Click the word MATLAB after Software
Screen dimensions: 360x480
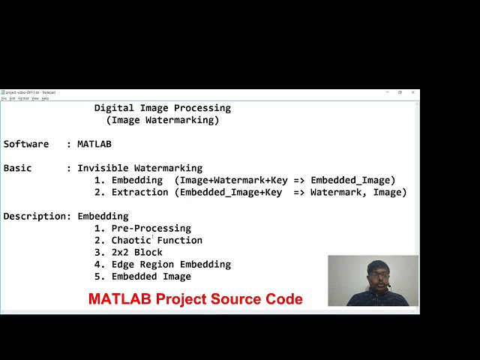point(94,144)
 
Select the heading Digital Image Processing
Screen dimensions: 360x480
point(162,108)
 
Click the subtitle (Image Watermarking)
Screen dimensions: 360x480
point(162,120)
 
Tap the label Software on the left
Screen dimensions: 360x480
point(25,144)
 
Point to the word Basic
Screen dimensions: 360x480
point(17,168)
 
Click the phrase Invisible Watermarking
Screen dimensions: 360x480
point(139,168)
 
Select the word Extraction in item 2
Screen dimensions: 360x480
point(139,192)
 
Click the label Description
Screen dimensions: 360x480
point(35,216)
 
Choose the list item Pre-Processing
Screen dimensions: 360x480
point(151,228)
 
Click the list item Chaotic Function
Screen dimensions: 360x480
point(157,240)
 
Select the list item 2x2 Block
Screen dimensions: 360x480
point(136,252)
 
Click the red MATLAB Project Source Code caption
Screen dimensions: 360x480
point(195,299)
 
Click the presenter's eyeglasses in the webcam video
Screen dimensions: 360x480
point(376,274)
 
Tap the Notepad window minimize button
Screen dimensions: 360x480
point(386,92)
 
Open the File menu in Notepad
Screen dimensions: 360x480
point(4,98)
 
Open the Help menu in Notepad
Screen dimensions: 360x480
point(45,98)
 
